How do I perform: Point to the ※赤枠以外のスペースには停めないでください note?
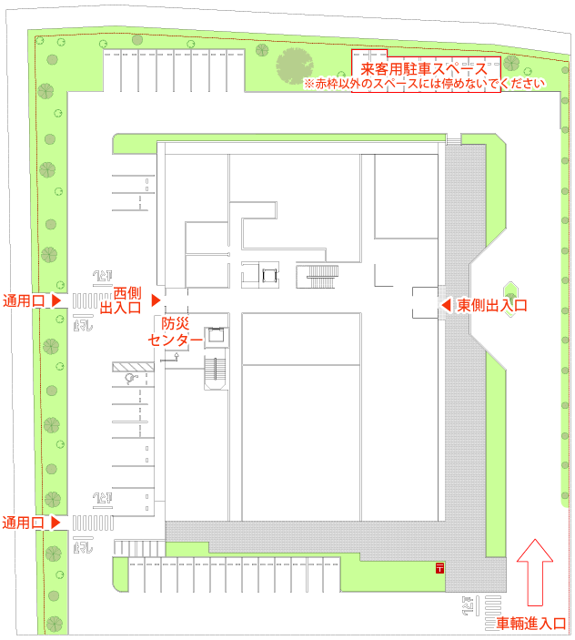pyautogui.click(x=424, y=84)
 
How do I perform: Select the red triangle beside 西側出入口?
pyautogui.click(x=156, y=299)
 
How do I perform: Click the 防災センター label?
pyautogui.click(x=176, y=331)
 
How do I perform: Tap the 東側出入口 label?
pyautogui.click(x=492, y=305)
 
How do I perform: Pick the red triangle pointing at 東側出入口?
pyautogui.click(x=446, y=304)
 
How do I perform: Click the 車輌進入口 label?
pyautogui.click(x=532, y=625)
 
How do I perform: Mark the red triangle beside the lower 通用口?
pyautogui.click(x=55, y=523)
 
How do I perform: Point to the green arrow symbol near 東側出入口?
pyautogui.click(x=511, y=292)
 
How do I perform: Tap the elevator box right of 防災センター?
pyautogui.click(x=216, y=335)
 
